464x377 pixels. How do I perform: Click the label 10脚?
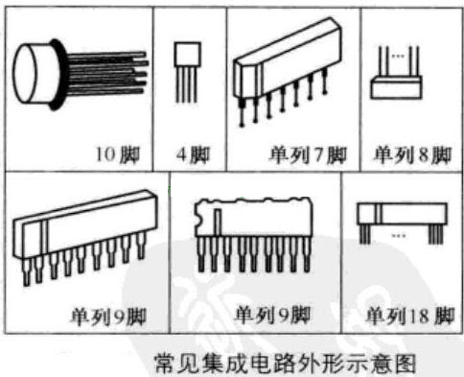[118, 154]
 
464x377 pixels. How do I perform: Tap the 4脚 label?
[193, 155]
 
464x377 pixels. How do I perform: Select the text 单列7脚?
[308, 155]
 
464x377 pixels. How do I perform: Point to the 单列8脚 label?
[413, 155]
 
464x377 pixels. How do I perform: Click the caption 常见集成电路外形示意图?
[286, 364]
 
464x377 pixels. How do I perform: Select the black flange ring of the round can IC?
[57, 75]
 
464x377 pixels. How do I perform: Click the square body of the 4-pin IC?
[188, 54]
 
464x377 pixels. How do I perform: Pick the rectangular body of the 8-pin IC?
[396, 87]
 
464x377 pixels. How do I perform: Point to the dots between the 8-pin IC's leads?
[398, 56]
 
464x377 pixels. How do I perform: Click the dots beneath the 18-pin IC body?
[399, 236]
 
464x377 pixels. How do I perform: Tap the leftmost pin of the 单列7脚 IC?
[242, 112]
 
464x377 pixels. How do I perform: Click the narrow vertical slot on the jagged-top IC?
[218, 223]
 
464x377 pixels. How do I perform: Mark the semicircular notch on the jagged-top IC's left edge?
[198, 221]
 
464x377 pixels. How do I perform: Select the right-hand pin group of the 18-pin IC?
[435, 234]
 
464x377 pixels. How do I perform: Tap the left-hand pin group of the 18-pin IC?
[364, 234]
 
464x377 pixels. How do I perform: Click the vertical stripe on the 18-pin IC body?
[379, 213]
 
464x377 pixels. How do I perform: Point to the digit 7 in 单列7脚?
[318, 155]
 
